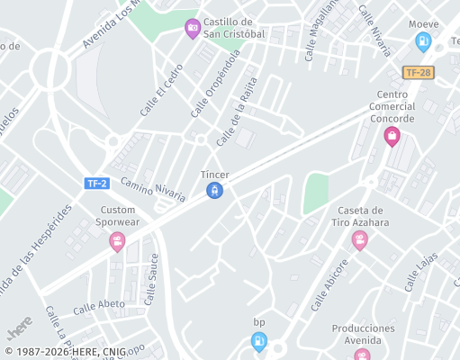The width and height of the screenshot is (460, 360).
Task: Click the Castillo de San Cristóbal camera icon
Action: tap(192, 29)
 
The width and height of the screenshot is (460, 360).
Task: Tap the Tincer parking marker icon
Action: tap(214, 190)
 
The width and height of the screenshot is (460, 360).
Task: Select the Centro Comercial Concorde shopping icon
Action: tap(391, 136)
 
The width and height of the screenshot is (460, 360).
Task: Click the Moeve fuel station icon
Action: tap(423, 40)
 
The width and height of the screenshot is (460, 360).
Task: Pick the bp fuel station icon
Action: tap(259, 340)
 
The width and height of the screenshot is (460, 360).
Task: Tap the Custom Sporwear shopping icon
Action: tap(117, 241)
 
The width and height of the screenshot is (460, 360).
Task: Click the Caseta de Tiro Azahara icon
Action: tap(360, 240)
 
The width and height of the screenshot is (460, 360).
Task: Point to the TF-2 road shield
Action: tap(96, 184)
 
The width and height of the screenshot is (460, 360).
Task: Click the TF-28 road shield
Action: tap(417, 72)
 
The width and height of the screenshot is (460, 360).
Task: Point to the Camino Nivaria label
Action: tap(153, 190)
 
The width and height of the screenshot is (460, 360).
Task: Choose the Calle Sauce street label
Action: tap(153, 280)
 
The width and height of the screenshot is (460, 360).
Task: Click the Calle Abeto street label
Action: tap(99, 305)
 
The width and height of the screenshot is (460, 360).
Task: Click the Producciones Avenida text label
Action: tap(363, 334)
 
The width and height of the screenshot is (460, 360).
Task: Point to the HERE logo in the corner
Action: tap(20, 322)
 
